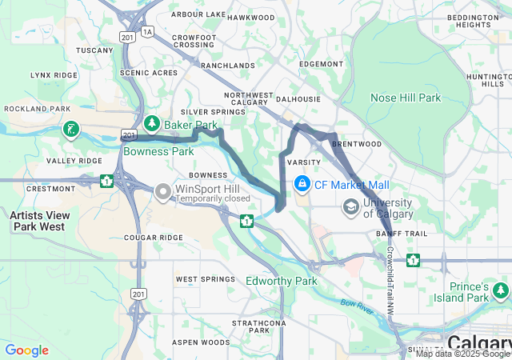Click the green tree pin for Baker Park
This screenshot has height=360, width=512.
coord(152,124)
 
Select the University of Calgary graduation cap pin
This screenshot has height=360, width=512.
coord(350,208)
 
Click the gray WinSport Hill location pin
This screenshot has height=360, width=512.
coord(163,192)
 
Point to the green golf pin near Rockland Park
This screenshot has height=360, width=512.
coord(71,129)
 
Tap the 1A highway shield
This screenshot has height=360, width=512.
coord(146,31)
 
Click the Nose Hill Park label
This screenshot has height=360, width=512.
coord(406,98)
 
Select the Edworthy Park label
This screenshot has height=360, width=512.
coord(281,281)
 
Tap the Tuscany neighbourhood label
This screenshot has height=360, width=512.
coord(95,50)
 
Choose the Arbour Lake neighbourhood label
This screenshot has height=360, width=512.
coord(198,14)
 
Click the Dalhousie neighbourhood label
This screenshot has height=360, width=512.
coord(298,99)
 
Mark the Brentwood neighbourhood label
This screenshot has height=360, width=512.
coord(356,144)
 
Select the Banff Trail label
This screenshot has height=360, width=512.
coord(398,234)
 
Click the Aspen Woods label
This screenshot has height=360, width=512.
coord(202,342)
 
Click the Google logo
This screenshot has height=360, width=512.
coord(27,350)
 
